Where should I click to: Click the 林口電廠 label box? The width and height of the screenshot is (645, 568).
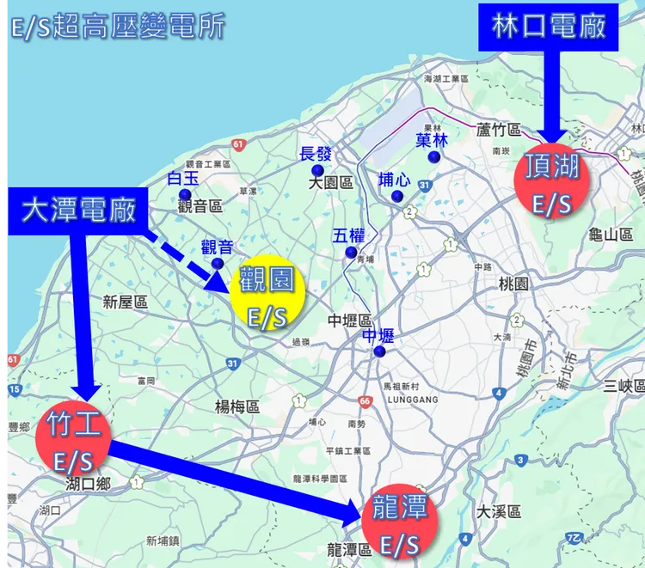click(550, 26)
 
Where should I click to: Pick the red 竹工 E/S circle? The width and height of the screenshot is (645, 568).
click(73, 441)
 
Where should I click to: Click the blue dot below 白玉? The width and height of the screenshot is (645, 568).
click(184, 194)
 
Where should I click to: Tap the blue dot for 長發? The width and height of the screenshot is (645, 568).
click(317, 171)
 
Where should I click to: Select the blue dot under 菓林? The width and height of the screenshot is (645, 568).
click(434, 157)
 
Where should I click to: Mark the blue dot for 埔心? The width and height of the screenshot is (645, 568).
click(396, 197)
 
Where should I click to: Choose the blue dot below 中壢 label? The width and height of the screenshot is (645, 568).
click(379, 351)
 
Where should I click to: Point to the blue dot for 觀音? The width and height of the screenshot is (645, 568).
click(218, 263)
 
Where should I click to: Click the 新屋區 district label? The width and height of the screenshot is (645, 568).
click(125, 302)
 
